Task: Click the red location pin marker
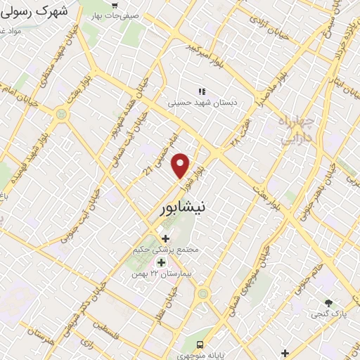pos(181,165)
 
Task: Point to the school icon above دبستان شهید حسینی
pos(202,91)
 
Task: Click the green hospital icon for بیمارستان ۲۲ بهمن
pos(161,263)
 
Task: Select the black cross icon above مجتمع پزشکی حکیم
pos(165,239)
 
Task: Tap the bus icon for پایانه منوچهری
pos(200,345)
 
